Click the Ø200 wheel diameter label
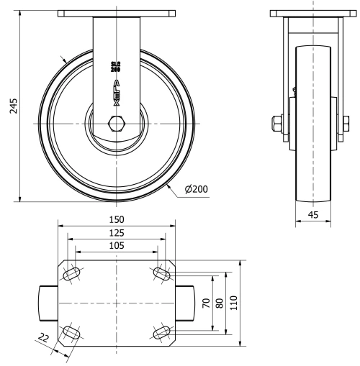pos(196,189)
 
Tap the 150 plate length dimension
pos(116,219)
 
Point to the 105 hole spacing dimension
pos(116,245)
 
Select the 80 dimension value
pos(220,303)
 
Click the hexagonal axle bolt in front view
pos(116,124)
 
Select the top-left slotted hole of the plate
pos(73,274)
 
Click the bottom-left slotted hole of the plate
pos(73,332)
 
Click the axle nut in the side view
pos(278,124)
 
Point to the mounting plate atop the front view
pos(116,13)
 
